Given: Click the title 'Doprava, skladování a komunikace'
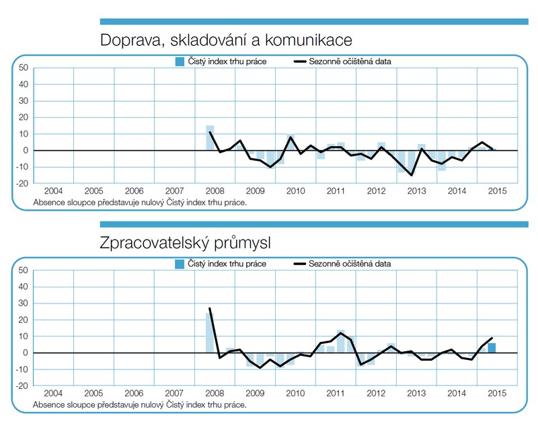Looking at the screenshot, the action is tap(226, 40).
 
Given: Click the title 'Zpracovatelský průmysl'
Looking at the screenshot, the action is tap(186, 243).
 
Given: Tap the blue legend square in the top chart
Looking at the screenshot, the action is tap(180, 61).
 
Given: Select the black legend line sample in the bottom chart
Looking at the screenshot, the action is tap(299, 264).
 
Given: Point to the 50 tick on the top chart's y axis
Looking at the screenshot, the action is tap(24, 67).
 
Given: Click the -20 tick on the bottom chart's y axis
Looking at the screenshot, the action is tap(22, 386).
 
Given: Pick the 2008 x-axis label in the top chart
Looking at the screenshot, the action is tap(215, 191).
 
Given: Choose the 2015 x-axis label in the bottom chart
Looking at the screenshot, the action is tap(497, 393).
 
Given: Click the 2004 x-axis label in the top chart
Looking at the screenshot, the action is tap(54, 191).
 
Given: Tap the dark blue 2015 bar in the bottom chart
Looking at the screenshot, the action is tap(492, 348).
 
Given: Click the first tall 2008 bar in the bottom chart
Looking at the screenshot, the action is tap(210, 333).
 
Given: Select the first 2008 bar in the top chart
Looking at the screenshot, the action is tap(210, 138).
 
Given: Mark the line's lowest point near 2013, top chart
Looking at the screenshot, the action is tap(412, 176).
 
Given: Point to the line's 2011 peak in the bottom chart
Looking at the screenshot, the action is tap(341, 332).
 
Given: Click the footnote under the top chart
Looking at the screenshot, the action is tap(140, 203).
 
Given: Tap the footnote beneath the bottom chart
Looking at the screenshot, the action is tap(140, 405).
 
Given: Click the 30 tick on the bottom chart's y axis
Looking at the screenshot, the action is tap(23, 303).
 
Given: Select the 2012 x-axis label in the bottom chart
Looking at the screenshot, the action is tap(376, 393).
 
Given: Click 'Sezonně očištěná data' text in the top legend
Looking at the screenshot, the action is tap(350, 61).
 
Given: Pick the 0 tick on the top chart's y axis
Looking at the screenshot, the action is tap(26, 150).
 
